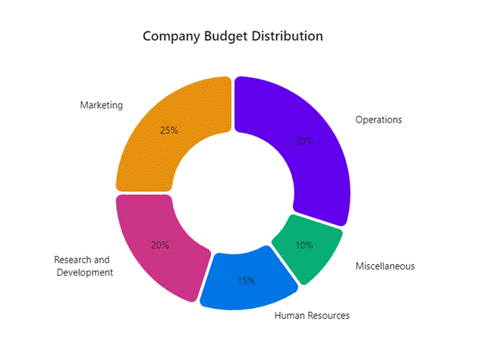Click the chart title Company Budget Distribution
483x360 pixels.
pyautogui.click(x=233, y=36)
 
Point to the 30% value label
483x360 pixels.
pyautogui.click(x=304, y=141)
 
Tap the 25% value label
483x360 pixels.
pyautogui.click(x=169, y=130)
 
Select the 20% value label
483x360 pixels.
pyautogui.click(x=160, y=245)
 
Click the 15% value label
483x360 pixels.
pyautogui.click(x=245, y=280)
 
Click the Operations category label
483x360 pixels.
pyautogui.click(x=379, y=119)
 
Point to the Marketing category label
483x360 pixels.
pyautogui.click(x=101, y=105)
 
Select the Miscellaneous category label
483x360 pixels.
pyautogui.click(x=385, y=266)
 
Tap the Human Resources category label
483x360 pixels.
pyautogui.click(x=312, y=316)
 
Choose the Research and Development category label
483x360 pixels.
pyautogui.click(x=84, y=266)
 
